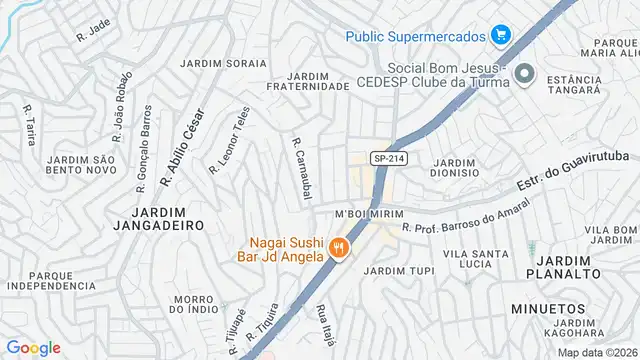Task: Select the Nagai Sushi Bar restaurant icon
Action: [339, 248]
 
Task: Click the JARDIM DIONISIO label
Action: [455, 167]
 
